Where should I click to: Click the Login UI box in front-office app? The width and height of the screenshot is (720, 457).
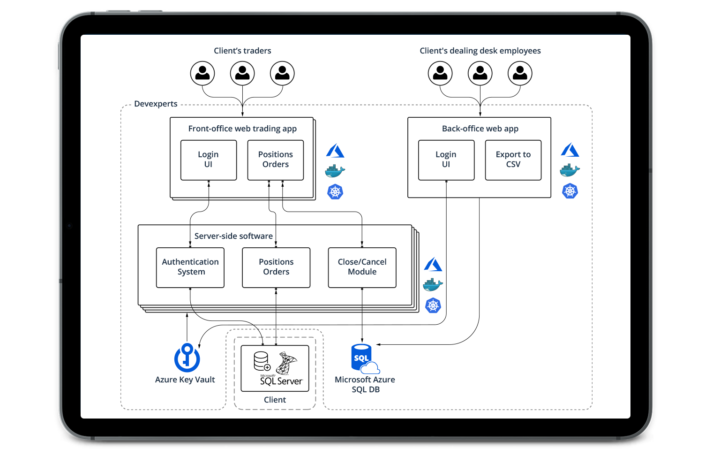coord(209,160)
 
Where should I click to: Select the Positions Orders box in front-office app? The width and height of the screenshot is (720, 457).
coord(276,160)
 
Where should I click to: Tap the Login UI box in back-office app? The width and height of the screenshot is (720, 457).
coord(446,160)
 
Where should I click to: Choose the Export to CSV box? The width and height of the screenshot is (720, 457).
coord(513,160)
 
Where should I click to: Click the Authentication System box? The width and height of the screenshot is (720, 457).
coord(190,267)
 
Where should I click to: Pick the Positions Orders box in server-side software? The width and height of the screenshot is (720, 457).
coord(276,267)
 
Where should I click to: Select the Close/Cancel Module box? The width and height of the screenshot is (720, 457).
coord(362,267)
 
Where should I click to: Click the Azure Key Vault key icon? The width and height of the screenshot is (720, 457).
coord(187,358)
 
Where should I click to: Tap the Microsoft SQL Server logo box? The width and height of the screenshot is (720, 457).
coord(275,368)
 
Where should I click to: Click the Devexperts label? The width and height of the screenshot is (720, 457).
coord(156,104)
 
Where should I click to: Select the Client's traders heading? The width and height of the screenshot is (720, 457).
coord(242,51)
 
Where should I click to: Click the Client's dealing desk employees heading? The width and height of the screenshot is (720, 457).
coord(480,51)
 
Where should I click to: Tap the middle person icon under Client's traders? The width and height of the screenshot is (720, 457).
coord(242,74)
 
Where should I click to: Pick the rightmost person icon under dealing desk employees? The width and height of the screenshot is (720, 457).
coord(520,74)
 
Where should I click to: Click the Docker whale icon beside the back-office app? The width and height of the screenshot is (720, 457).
coord(570,171)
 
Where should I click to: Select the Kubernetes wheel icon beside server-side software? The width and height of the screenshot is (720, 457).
coord(433,305)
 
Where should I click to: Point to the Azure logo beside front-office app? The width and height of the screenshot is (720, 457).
coord(335,151)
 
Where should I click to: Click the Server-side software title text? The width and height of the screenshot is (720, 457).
coord(233,236)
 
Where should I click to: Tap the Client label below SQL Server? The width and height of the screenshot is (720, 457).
coord(275,400)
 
